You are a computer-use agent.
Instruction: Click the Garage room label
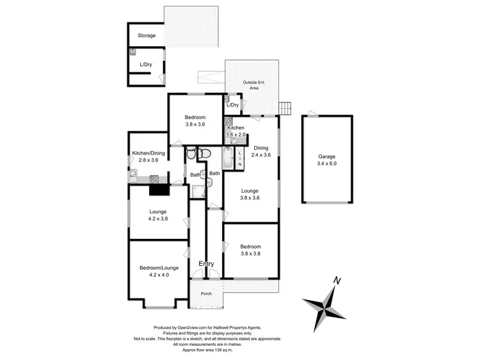tap(326, 156)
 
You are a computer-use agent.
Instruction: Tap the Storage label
tap(147, 35)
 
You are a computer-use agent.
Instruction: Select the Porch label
tap(206, 294)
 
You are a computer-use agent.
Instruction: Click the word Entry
tap(206, 264)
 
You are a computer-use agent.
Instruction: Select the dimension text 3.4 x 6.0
tap(326, 165)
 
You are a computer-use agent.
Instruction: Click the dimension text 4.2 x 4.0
tap(159, 276)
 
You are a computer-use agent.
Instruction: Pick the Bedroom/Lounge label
tap(159, 268)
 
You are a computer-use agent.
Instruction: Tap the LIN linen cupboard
tap(239, 157)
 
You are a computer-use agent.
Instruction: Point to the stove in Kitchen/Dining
tap(154, 179)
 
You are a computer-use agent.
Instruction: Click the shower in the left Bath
tap(198, 190)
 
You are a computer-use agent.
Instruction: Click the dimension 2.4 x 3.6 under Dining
tap(261, 154)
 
